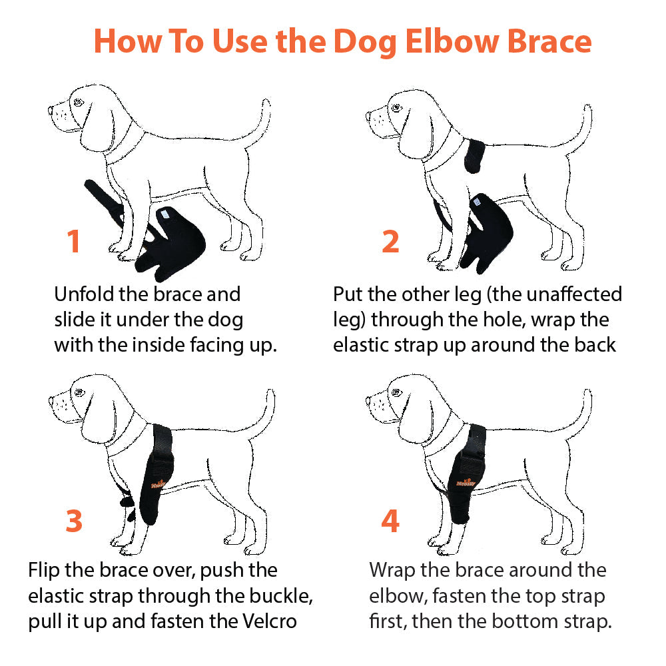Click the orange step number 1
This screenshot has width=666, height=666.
pyautogui.click(x=74, y=241)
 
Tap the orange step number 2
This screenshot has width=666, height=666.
pyautogui.click(x=390, y=241)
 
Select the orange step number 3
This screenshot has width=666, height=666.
pyautogui.click(x=74, y=521)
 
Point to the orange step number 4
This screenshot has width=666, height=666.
pyautogui.click(x=390, y=521)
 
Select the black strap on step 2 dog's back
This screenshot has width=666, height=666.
pyautogui.click(x=478, y=154)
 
